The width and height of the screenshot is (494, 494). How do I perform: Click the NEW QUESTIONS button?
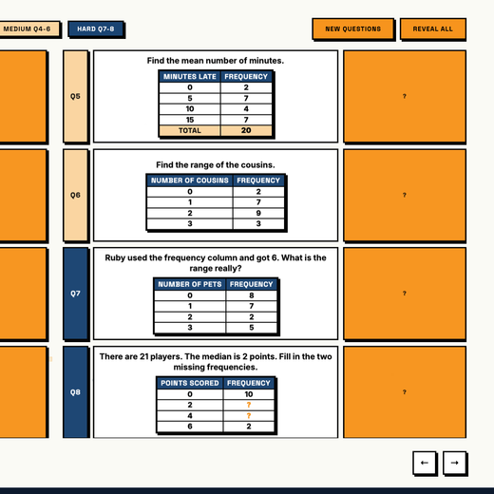pos(352,28)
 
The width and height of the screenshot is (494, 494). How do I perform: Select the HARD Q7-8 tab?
pos(95,29)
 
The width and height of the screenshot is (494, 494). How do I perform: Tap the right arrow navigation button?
pos(454,463)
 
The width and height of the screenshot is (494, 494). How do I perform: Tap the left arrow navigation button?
pos(425,463)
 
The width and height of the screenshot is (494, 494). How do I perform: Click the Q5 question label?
pos(75,96)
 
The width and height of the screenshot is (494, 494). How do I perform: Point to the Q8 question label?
pos(75,392)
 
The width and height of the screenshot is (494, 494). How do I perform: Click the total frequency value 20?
pos(246,130)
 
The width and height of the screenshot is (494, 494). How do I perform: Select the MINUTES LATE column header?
pos(190,77)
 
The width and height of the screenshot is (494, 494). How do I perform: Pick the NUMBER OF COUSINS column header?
pos(190,180)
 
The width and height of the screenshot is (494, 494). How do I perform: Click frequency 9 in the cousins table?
pos(258,213)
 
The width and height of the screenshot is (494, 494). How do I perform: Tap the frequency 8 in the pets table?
pos(252,295)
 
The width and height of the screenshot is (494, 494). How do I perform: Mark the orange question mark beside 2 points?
pos(249,405)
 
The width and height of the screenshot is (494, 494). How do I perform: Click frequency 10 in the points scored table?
pos(249,394)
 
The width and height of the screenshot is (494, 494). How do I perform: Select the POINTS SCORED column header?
pos(190,383)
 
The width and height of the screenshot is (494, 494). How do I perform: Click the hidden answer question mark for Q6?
pos(405,195)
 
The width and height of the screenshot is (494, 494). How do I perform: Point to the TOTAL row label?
pos(190,130)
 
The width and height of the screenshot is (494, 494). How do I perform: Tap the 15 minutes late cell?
pos(190,120)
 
